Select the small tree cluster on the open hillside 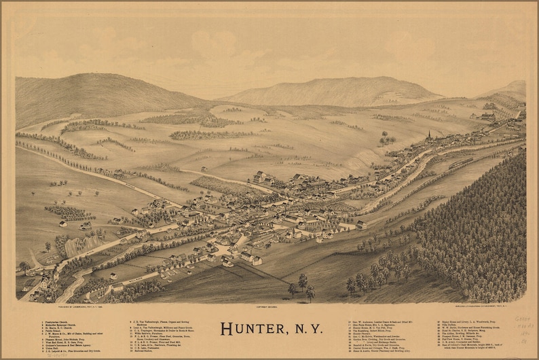(x=387, y=140)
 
